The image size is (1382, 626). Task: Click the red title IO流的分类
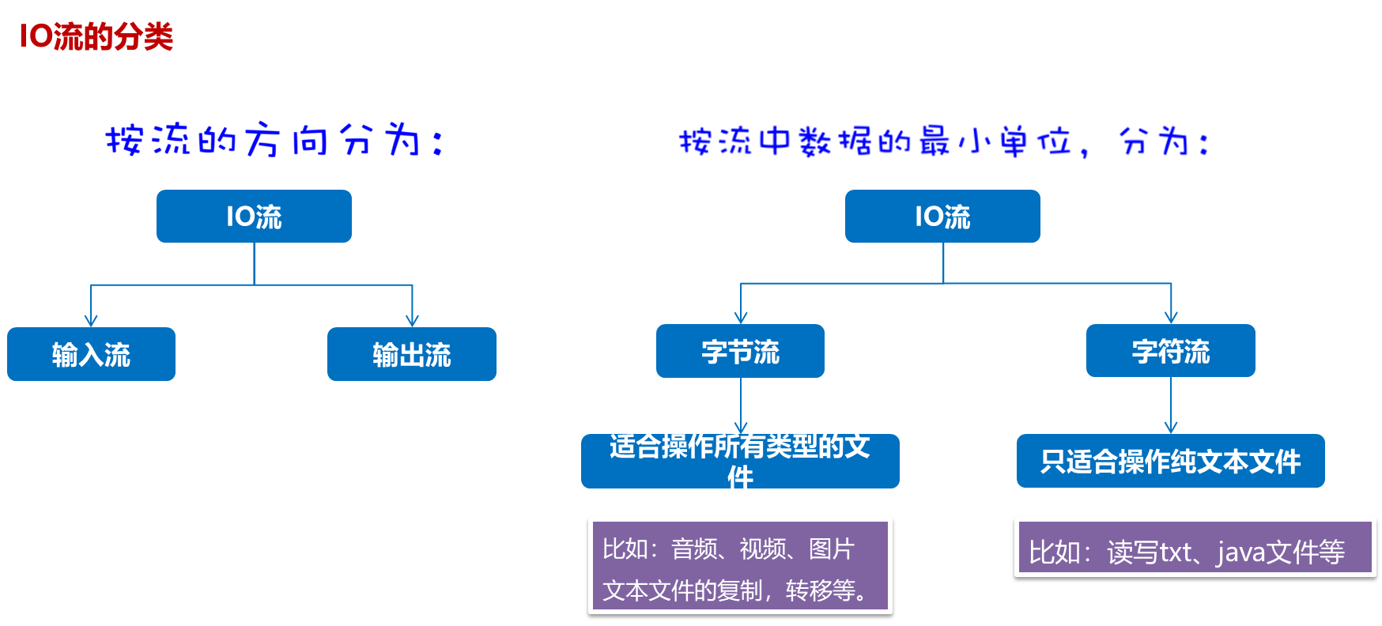96,36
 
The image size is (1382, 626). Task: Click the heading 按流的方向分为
272,141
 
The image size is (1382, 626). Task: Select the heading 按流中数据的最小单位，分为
942,141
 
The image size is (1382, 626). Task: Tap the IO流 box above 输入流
254,216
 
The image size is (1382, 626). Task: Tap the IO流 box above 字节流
942,216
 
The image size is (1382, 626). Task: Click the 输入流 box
91,354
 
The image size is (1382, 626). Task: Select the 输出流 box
411,354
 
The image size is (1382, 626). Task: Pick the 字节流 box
740,351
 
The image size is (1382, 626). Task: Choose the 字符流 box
1170,351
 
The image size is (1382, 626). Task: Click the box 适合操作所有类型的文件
740,462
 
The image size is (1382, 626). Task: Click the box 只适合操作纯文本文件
1170,461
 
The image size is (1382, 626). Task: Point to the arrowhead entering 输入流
91,320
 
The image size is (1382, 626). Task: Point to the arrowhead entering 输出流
412,320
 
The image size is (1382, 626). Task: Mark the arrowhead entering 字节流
741,317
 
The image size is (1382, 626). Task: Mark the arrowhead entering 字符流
1171,317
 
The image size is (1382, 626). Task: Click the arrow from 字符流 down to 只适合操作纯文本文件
1171,405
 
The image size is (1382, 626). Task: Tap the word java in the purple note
1241,552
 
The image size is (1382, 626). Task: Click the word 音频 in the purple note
694,549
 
